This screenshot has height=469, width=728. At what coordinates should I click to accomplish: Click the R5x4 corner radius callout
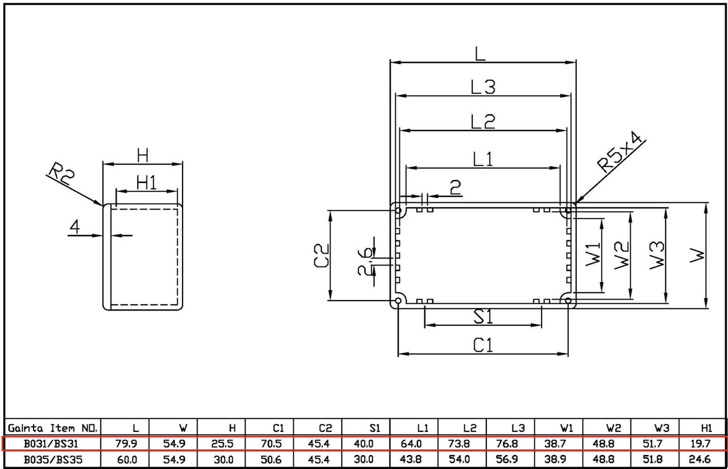point(620,152)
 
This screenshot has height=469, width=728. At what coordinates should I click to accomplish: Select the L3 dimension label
point(483,87)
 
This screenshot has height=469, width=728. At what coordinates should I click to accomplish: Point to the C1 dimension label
point(483,345)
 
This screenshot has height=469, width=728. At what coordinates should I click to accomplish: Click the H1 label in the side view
point(146,182)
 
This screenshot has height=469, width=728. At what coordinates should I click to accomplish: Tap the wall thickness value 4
point(75,226)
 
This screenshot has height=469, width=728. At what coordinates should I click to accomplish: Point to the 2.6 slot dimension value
point(365,262)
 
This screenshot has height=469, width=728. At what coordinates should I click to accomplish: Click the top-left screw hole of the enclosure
point(398,210)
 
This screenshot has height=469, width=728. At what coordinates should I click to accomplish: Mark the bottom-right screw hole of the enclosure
point(568,300)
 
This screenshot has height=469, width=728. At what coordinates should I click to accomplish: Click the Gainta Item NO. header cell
point(52,428)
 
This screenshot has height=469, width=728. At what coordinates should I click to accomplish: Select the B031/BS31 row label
point(51,444)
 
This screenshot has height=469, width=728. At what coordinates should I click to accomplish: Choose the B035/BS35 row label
point(53,460)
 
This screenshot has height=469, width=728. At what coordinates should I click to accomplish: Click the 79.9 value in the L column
point(126,444)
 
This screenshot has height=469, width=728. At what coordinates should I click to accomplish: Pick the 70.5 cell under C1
point(271,444)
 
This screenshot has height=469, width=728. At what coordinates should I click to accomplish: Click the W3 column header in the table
point(662,428)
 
